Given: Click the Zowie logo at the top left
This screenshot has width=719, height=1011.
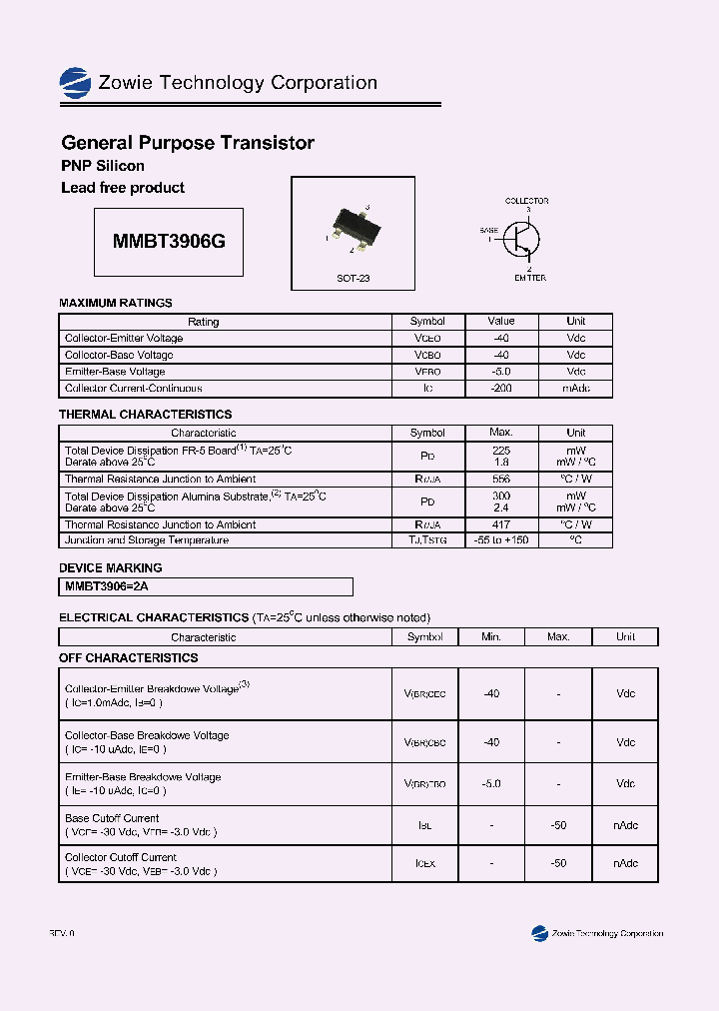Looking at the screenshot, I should click(75, 82).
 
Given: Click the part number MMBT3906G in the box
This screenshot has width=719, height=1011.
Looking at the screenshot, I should click(169, 243).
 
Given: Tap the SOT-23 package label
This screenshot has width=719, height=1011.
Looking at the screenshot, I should click(353, 278).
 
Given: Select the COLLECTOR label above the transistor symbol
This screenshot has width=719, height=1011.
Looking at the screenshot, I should click(526, 202).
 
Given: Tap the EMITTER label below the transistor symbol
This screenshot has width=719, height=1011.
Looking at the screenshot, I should click(530, 278).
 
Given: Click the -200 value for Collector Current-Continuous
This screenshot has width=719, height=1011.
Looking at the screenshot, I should click(501, 389).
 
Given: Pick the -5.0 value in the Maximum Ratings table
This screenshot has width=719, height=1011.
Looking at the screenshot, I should click(501, 372).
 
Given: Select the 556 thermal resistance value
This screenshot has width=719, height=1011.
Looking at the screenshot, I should click(501, 480).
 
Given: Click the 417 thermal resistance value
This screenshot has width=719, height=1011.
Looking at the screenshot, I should click(501, 524).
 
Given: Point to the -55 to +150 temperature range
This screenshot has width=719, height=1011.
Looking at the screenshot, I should click(501, 540).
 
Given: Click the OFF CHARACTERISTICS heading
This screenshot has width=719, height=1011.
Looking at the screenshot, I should click(129, 658).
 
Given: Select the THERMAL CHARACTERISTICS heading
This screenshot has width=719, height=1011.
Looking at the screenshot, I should click(145, 414).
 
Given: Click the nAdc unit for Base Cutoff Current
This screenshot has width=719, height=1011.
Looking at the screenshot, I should click(625, 826).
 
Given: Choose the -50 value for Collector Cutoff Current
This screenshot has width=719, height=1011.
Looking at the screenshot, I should click(558, 863).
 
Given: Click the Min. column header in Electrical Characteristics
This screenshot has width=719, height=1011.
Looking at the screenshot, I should click(491, 636).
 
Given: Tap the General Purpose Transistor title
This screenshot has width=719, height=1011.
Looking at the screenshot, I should click(188, 143).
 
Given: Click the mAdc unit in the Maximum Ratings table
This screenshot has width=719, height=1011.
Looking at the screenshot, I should click(576, 389).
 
